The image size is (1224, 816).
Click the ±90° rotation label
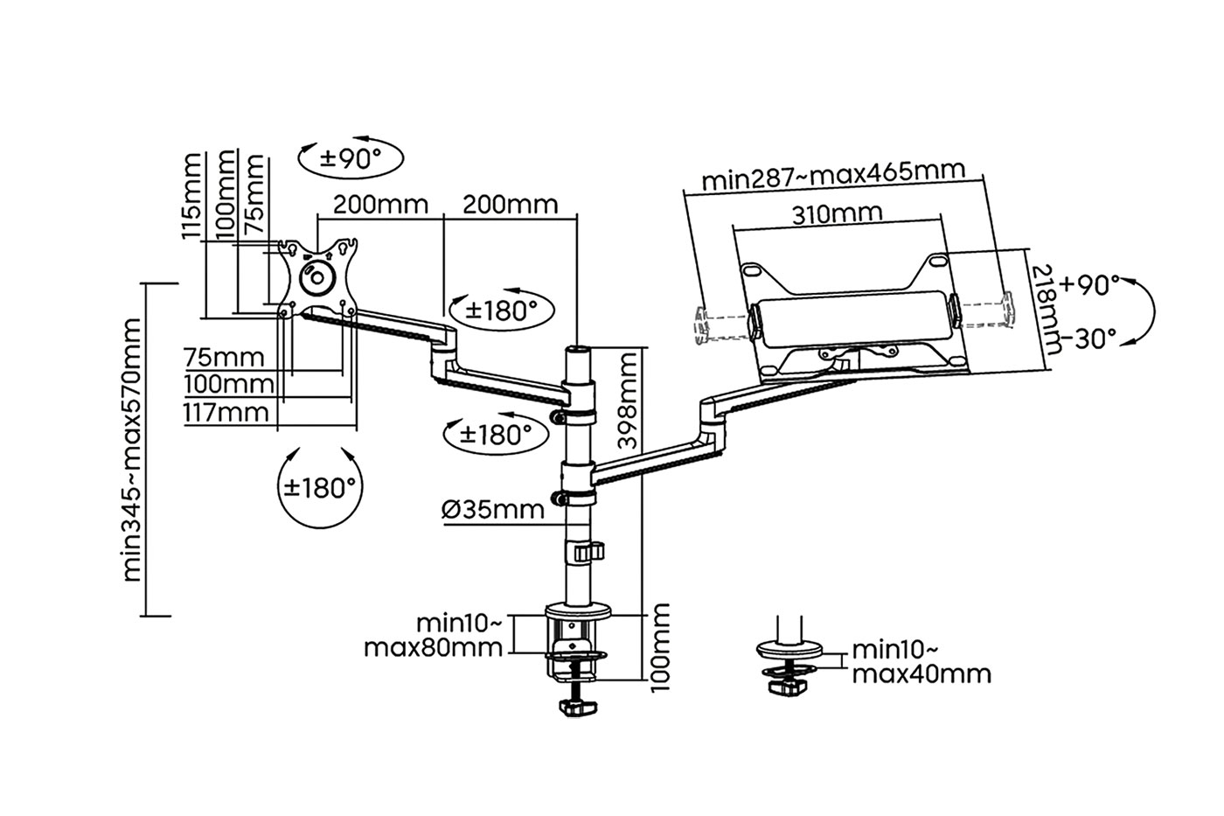pos(351,158)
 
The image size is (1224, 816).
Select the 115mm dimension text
pos(191,196)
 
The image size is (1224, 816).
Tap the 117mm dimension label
pos(226,412)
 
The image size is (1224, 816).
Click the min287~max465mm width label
pos(833,175)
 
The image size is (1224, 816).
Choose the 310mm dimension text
pos(838,213)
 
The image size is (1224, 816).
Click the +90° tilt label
pos(1089,285)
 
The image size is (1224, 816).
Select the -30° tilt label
pos(1088,338)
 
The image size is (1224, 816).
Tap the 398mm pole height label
pos(628,401)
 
